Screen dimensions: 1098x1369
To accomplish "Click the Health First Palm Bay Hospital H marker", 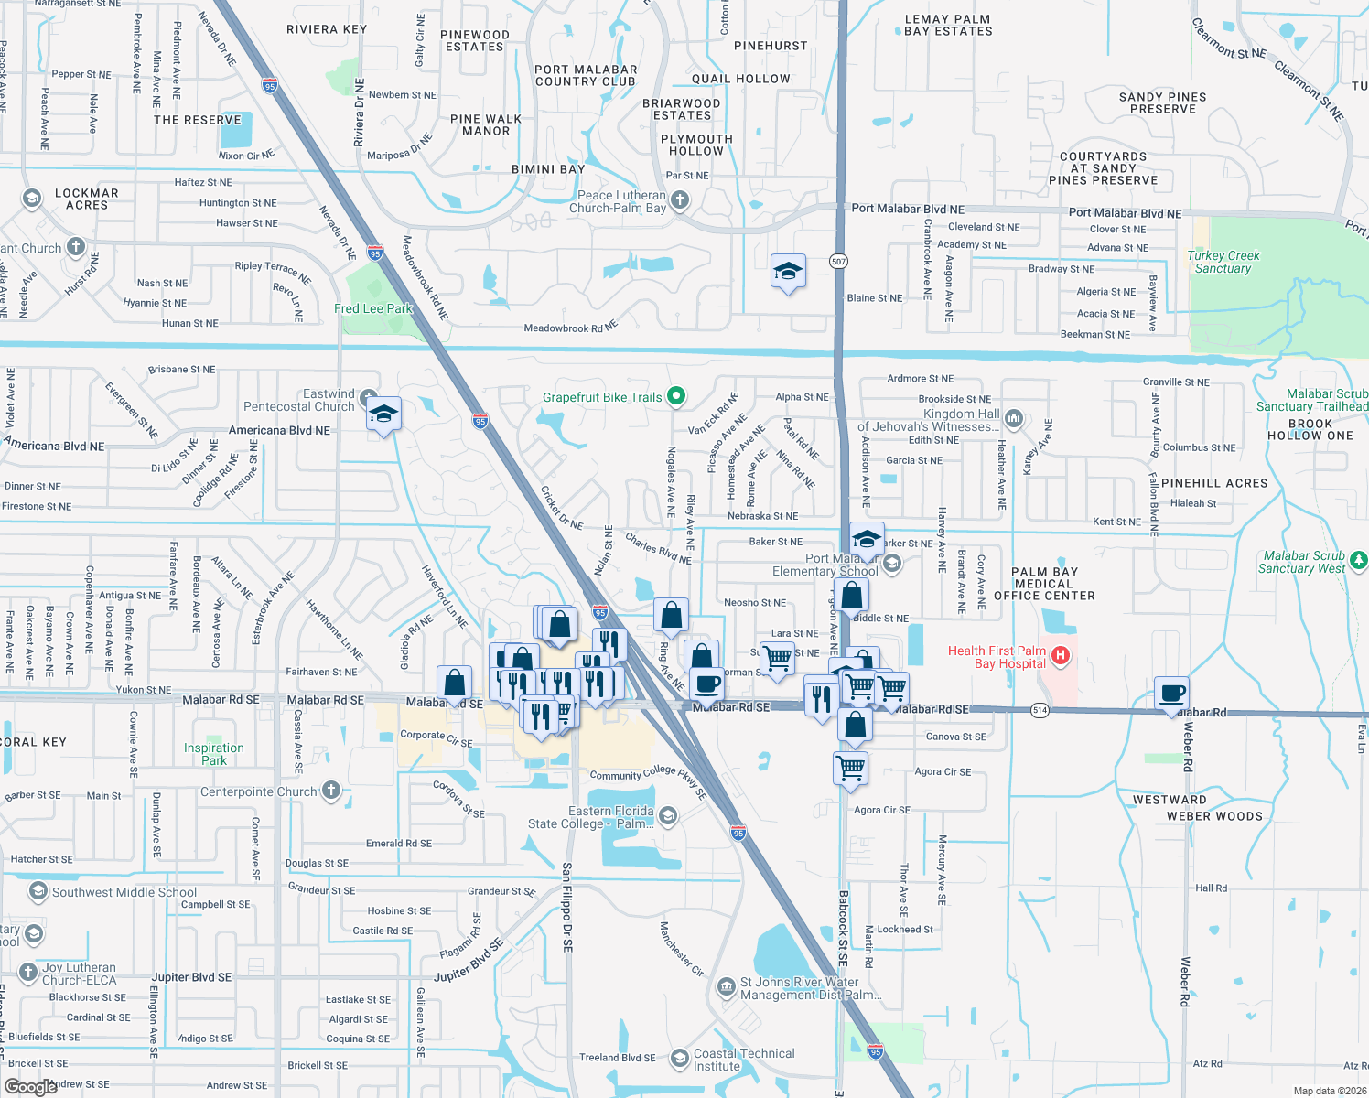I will pos(1061,655).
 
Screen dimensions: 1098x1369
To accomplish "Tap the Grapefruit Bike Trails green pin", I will pos(676,396).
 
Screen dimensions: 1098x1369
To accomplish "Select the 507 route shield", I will pos(838,262).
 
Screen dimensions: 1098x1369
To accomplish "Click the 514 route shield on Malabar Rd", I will pos(1040,710).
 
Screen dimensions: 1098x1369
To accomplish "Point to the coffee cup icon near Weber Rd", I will pos(1171,694).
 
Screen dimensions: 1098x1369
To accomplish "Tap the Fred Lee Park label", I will pos(373,309).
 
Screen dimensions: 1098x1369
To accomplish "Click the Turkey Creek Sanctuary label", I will pos(1223,262).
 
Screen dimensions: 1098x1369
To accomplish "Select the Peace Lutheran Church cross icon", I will pos(679,199).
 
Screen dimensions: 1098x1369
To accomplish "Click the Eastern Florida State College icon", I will pos(668,815).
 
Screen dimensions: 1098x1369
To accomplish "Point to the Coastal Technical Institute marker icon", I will pos(679,1059).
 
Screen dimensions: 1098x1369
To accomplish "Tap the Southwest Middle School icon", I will pos(38,891).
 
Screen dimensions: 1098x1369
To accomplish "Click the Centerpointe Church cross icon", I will pos(331,790).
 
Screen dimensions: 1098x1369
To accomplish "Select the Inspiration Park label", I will pos(214,754).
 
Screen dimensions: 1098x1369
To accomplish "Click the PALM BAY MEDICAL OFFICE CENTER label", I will pos(1044,584).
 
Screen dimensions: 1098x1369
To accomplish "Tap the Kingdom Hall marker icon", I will pos(1013,419).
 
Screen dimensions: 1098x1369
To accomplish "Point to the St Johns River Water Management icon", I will pos(727,986).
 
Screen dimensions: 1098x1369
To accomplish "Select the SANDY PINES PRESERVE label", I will pos(1162,102).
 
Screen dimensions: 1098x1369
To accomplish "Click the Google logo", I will pos(31,1086).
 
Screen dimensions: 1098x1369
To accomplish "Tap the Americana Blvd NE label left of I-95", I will pos(279,430).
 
